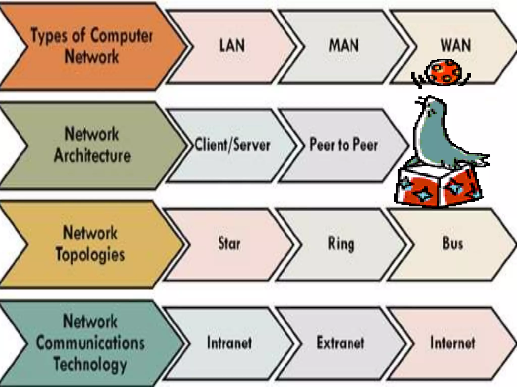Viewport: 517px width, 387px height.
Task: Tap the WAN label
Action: (456, 45)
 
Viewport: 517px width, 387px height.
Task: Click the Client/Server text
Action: (232, 145)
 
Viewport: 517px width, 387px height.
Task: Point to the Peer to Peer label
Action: (344, 145)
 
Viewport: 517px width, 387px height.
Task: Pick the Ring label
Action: (341, 244)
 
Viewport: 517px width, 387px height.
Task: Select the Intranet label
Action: (229, 343)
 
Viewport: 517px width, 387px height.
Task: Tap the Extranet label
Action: (340, 343)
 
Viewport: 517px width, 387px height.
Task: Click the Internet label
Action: (453, 343)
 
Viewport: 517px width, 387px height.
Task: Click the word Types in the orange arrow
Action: (49, 36)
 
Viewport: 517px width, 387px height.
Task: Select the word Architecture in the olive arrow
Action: (92, 155)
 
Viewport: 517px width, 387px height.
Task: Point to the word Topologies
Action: (90, 254)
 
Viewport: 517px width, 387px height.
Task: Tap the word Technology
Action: (90, 365)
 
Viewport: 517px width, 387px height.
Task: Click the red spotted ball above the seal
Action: (443, 72)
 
